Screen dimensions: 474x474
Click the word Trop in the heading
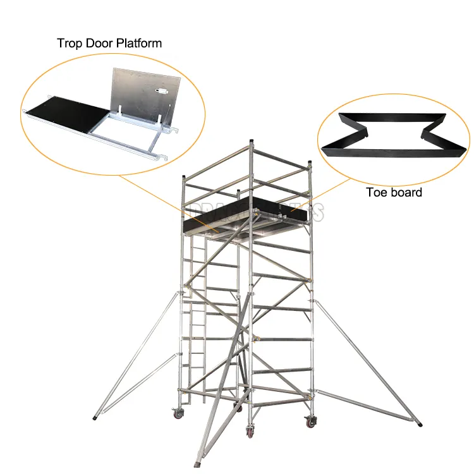pos(71,44)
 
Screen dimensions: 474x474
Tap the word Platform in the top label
pos(138,44)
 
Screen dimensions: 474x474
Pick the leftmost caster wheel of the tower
pos(178,414)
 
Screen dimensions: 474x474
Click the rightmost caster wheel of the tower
pos(310,422)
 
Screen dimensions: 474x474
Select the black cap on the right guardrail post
pos(310,164)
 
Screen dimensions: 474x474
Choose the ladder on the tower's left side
pos(197,316)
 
